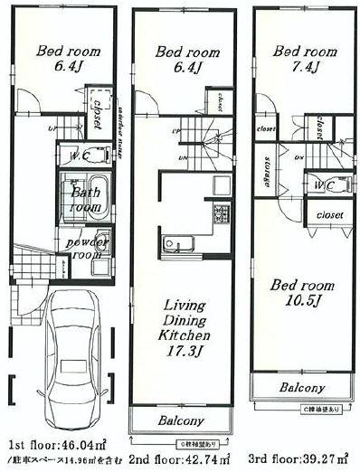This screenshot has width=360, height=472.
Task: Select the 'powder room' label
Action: point(85,249)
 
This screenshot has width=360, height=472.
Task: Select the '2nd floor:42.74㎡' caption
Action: point(180,460)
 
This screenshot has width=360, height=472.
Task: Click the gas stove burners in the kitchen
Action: point(217,215)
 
